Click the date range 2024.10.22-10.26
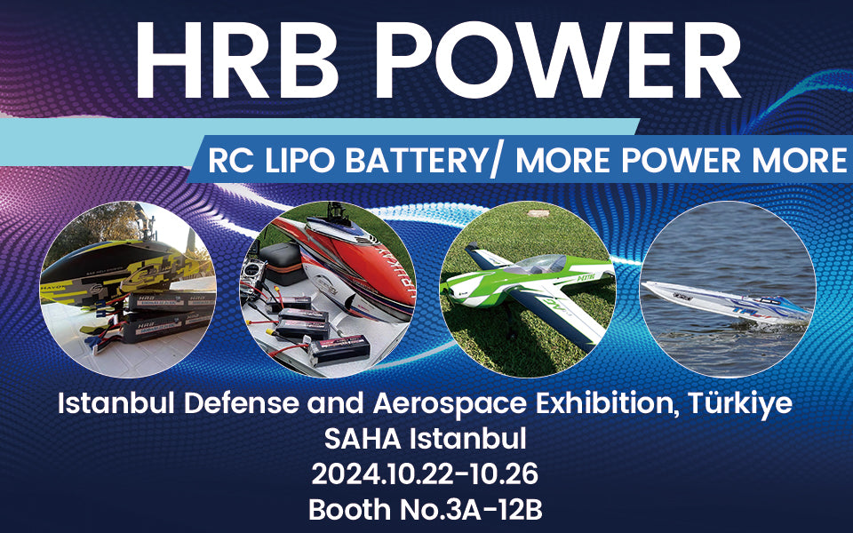click(x=425, y=474)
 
